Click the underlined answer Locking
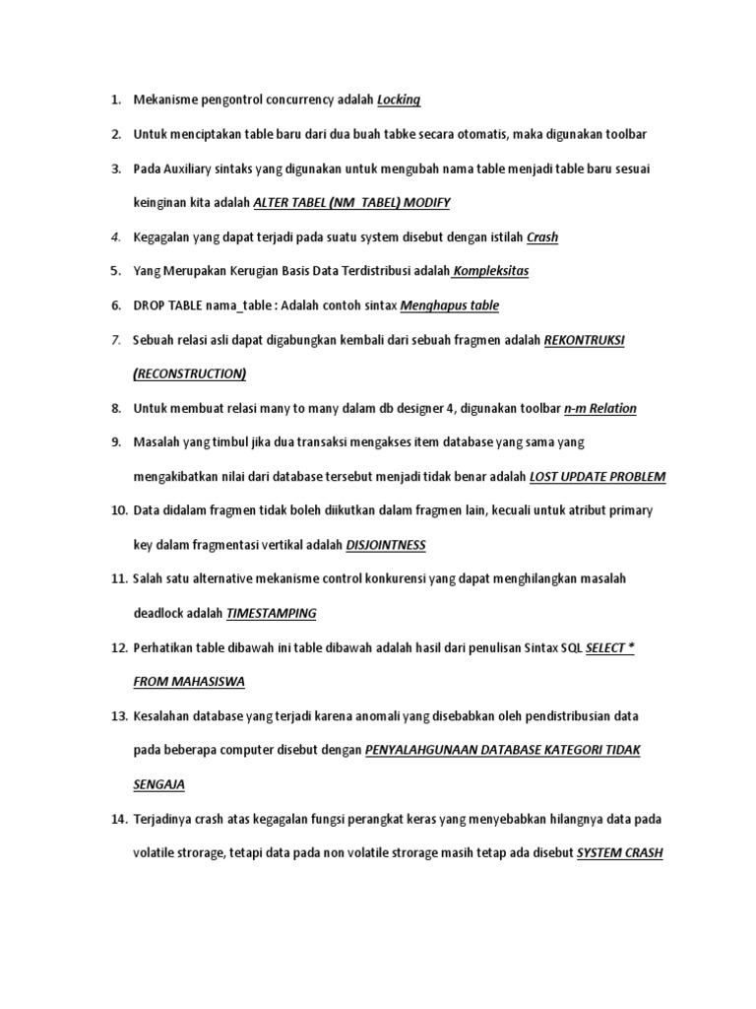click(x=399, y=100)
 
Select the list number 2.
click(x=115, y=134)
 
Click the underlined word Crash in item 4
click(x=542, y=236)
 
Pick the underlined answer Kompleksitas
click(x=490, y=271)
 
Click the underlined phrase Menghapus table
click(x=450, y=305)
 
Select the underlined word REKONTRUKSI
click(x=585, y=340)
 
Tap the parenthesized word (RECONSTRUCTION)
click(x=190, y=373)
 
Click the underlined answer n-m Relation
click(x=599, y=408)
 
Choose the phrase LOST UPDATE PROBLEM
click(x=598, y=477)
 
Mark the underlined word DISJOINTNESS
click(x=386, y=545)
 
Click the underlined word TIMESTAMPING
click(x=272, y=613)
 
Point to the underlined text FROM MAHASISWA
click(x=189, y=682)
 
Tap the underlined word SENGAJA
click(x=158, y=784)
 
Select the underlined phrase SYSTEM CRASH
click(x=619, y=852)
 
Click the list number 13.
click(x=117, y=715)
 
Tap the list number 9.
click(x=115, y=442)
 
